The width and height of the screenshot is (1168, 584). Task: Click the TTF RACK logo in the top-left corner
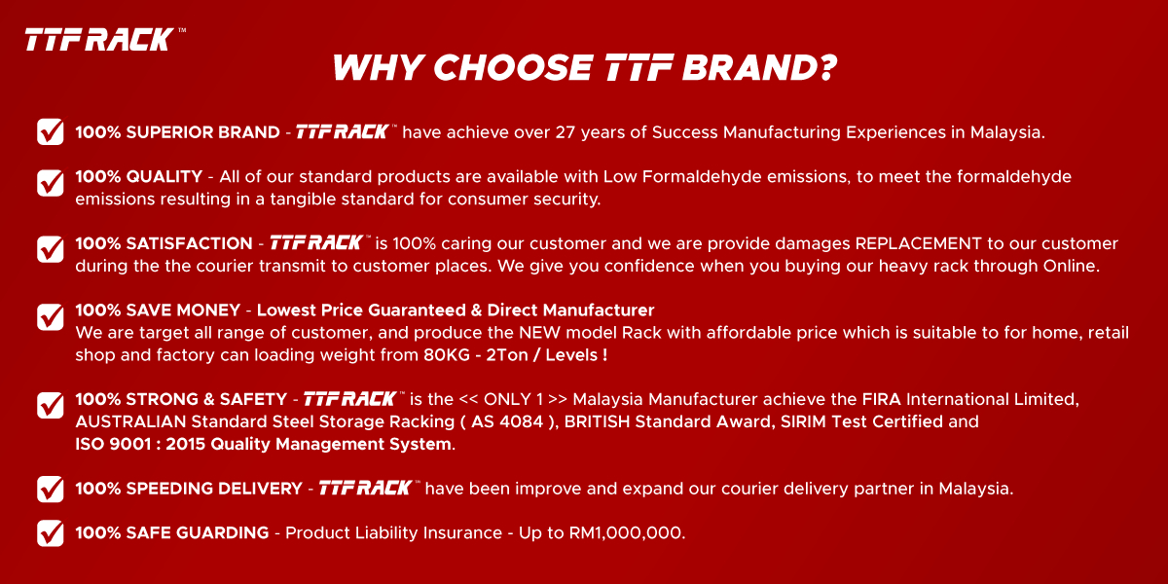pyautogui.click(x=100, y=39)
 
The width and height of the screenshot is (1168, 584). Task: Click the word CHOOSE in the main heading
pyautogui.click(x=512, y=68)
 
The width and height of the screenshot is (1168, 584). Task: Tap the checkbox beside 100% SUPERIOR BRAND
pyautogui.click(x=51, y=132)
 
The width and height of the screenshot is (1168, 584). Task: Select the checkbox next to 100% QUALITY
pyautogui.click(x=51, y=181)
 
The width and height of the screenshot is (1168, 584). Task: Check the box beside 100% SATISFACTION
pyautogui.click(x=51, y=248)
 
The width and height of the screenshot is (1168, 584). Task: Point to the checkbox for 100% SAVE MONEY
pyautogui.click(x=51, y=315)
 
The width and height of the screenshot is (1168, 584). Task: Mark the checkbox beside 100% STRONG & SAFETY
pyautogui.click(x=51, y=405)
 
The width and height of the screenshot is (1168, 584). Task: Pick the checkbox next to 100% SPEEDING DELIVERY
pyautogui.click(x=51, y=489)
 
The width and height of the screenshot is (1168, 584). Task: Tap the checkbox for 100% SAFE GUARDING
pyautogui.click(x=51, y=532)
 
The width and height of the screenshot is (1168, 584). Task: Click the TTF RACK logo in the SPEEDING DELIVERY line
pyautogui.click(x=367, y=488)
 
